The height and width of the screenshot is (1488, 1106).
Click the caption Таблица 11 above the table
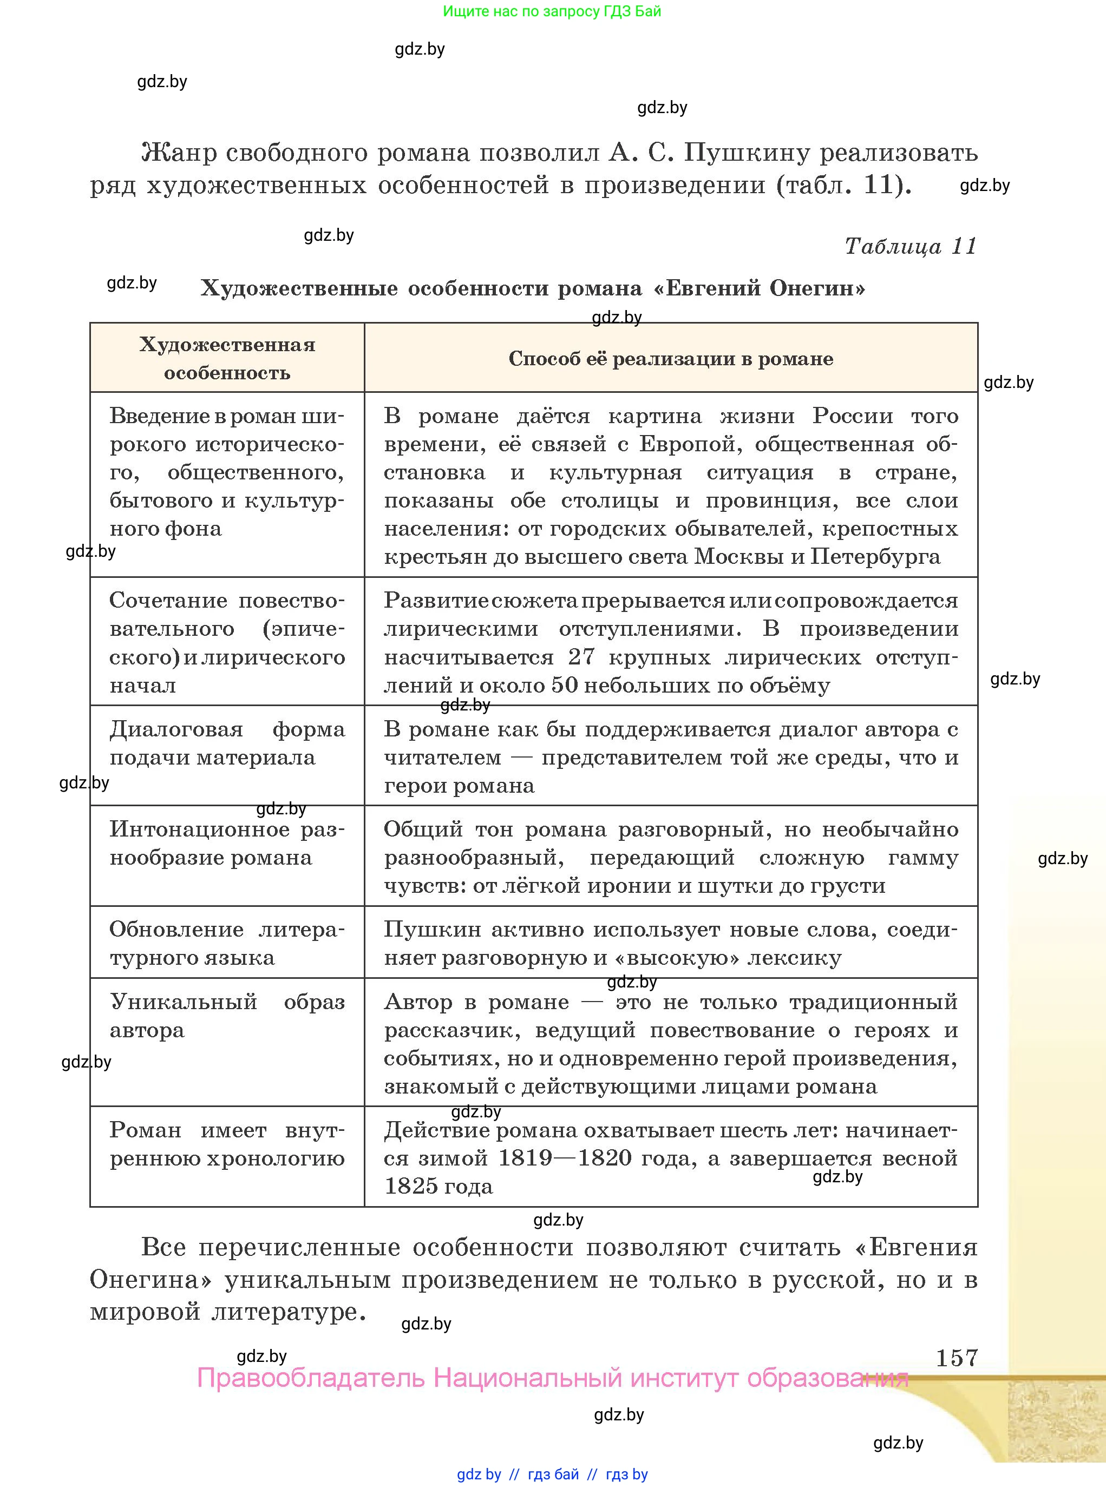910,246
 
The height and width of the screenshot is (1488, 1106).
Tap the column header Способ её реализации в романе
670,359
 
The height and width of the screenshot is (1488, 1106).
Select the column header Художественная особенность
227,358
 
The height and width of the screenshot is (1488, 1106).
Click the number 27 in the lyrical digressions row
580,657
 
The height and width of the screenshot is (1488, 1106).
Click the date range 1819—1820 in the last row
565,1158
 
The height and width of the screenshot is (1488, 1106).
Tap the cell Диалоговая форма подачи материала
227,743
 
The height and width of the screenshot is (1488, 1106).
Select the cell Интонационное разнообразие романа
227,843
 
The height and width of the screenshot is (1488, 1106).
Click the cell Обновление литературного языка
227,943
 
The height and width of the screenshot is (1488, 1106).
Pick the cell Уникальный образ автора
227,1016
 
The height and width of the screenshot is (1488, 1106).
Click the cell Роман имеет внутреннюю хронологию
227,1144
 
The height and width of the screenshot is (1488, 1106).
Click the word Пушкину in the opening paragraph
747,153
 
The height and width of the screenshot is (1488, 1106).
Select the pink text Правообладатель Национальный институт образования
552,1378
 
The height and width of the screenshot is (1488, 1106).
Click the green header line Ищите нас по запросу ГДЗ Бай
552,11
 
